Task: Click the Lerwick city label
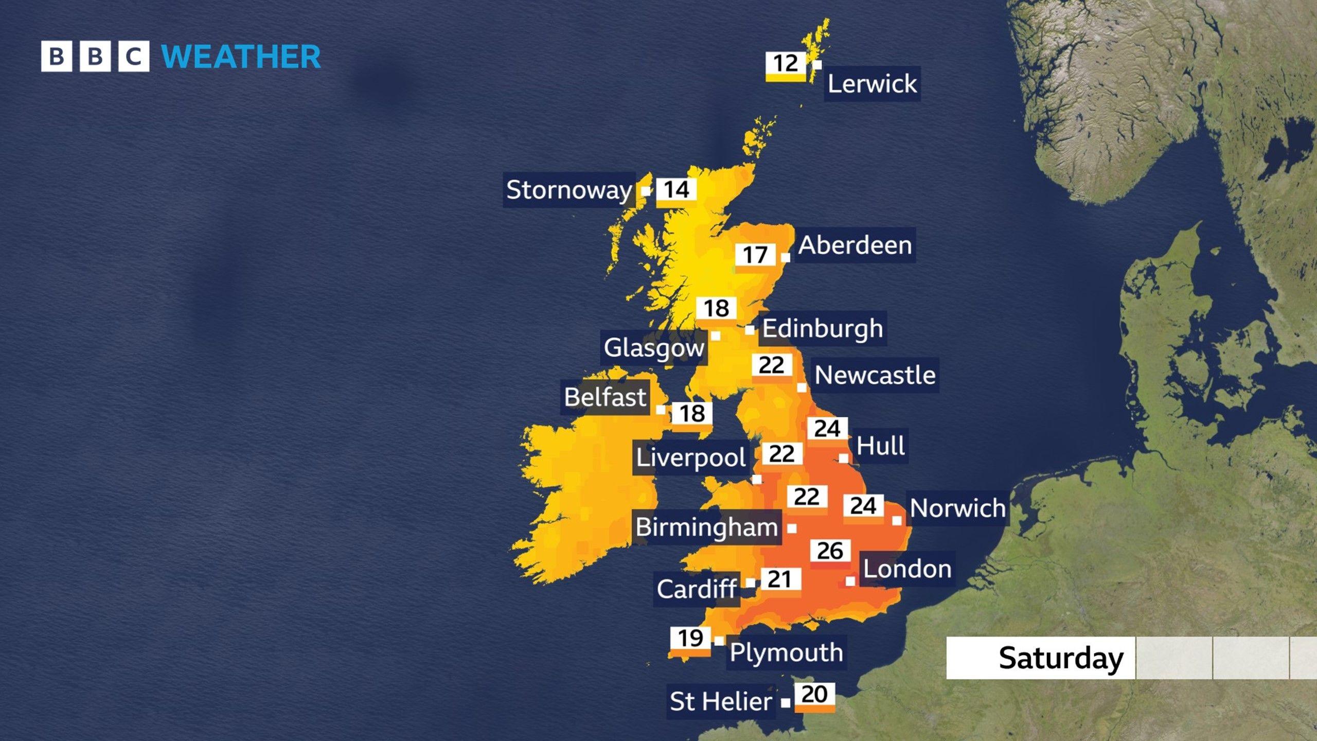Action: [872, 83]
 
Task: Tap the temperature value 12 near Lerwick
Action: [786, 64]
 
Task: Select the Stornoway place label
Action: [569, 190]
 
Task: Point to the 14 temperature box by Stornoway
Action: [677, 190]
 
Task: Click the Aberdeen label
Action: [855, 245]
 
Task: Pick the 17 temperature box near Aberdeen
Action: [755, 255]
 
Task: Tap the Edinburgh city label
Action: [822, 328]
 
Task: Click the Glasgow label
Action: [654, 347]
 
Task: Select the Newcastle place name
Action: [875, 375]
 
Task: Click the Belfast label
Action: [605, 397]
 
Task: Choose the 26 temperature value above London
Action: [830, 551]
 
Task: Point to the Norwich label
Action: [957, 508]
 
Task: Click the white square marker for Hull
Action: [844, 458]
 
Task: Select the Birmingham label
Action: [707, 527]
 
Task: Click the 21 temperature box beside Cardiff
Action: [780, 579]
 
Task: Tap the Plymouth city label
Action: [786, 652]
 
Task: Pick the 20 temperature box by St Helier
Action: [814, 695]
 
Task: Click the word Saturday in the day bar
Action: [1061, 658]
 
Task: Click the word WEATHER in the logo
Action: [241, 57]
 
